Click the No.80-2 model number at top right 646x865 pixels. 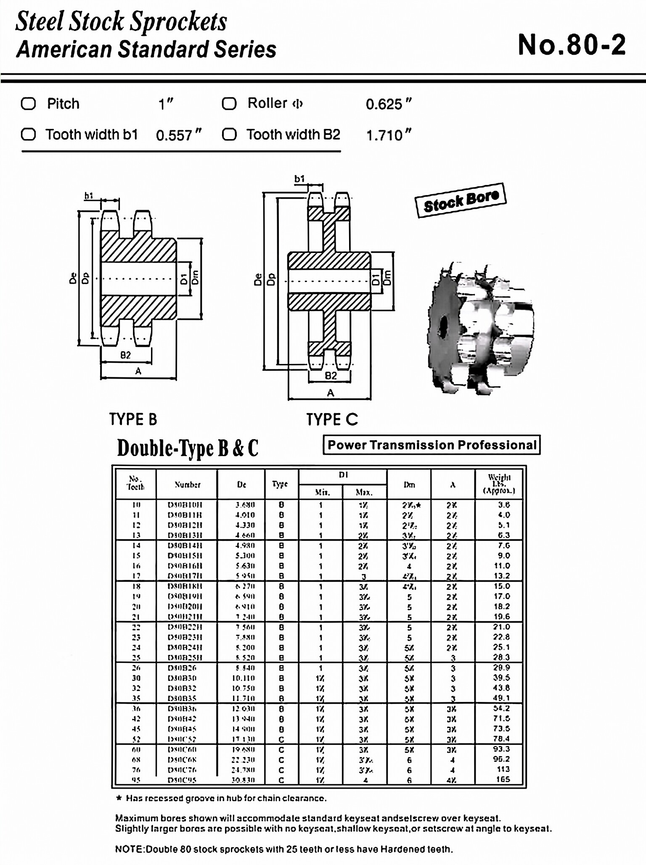[572, 45]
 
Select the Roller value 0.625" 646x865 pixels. [388, 104]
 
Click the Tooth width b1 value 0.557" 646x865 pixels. [179, 135]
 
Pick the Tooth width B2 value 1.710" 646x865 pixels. [388, 135]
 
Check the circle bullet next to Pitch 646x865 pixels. [28, 103]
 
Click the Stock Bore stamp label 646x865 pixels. [461, 200]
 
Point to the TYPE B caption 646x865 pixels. [133, 419]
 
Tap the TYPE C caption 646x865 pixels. [332, 419]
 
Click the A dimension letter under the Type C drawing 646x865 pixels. [331, 393]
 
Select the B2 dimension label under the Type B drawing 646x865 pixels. [126, 355]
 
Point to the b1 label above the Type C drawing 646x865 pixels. [299, 179]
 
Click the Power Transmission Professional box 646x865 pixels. [432, 445]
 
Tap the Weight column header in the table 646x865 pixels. [499, 484]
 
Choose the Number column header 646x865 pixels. [187, 485]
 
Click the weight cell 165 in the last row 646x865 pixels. [503, 779]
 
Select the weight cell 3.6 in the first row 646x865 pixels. [504, 504]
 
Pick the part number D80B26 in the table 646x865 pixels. [182, 668]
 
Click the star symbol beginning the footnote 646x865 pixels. [119, 798]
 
